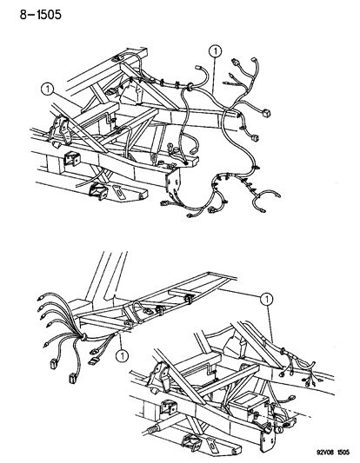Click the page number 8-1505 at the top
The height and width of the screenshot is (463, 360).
click(x=41, y=15)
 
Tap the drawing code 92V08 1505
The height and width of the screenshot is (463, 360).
click(x=333, y=452)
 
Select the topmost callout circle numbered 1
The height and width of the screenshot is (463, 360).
click(x=215, y=51)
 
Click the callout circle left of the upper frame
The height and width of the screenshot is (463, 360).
click(x=48, y=89)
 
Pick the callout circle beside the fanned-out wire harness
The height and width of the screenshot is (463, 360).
click(x=122, y=355)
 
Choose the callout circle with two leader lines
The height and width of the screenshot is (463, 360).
click(x=267, y=299)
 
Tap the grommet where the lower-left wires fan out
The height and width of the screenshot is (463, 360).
click(x=83, y=337)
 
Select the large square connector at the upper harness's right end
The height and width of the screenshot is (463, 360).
click(x=267, y=113)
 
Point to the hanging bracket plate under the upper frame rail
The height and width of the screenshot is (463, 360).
click(x=173, y=182)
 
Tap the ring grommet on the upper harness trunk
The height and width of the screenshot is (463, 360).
click(x=189, y=87)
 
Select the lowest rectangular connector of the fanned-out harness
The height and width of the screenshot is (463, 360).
click(x=72, y=379)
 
